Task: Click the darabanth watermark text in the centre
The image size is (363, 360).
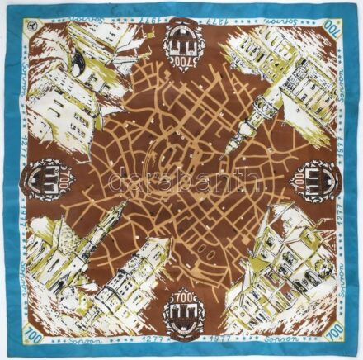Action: (181, 176)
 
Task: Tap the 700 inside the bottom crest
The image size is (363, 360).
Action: (181, 298)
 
